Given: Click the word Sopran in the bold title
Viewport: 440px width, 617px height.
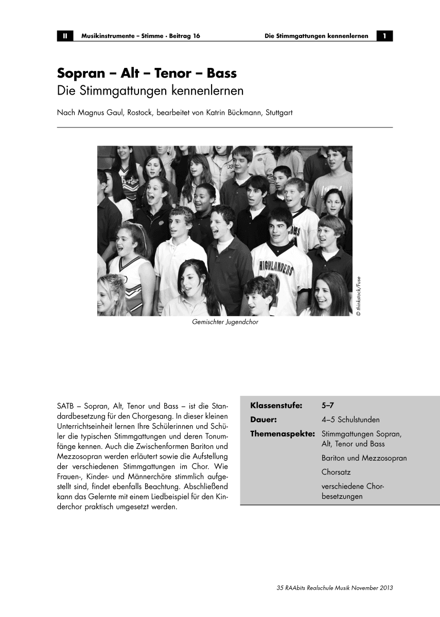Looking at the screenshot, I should pos(82,74).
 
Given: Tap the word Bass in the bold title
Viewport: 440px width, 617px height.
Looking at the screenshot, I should pos(221,74).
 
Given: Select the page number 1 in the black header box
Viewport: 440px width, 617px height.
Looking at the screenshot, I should pos(384,36).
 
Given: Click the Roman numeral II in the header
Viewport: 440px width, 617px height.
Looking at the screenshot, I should pos(65,36).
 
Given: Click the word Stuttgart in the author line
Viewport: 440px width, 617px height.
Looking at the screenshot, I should pos(278,113).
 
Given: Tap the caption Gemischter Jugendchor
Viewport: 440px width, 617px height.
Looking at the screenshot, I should pos(225,322).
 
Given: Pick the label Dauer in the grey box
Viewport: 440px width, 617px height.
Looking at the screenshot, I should pos(264,419).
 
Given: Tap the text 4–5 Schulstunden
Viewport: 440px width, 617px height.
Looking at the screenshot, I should pos(350,419).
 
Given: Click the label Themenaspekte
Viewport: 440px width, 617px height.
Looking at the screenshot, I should pos(283,433).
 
